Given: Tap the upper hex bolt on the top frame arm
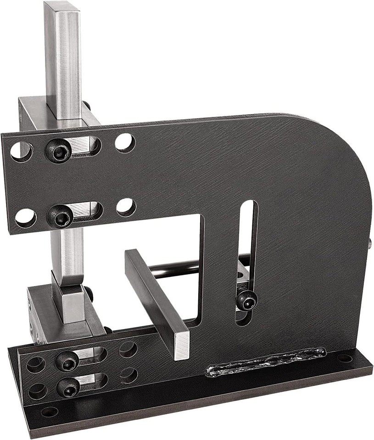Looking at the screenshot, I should (60, 150).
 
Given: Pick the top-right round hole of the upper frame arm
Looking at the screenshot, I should (124, 142).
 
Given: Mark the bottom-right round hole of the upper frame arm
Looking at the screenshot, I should (125, 207).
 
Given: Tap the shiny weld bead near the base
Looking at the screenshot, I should (266, 363).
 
